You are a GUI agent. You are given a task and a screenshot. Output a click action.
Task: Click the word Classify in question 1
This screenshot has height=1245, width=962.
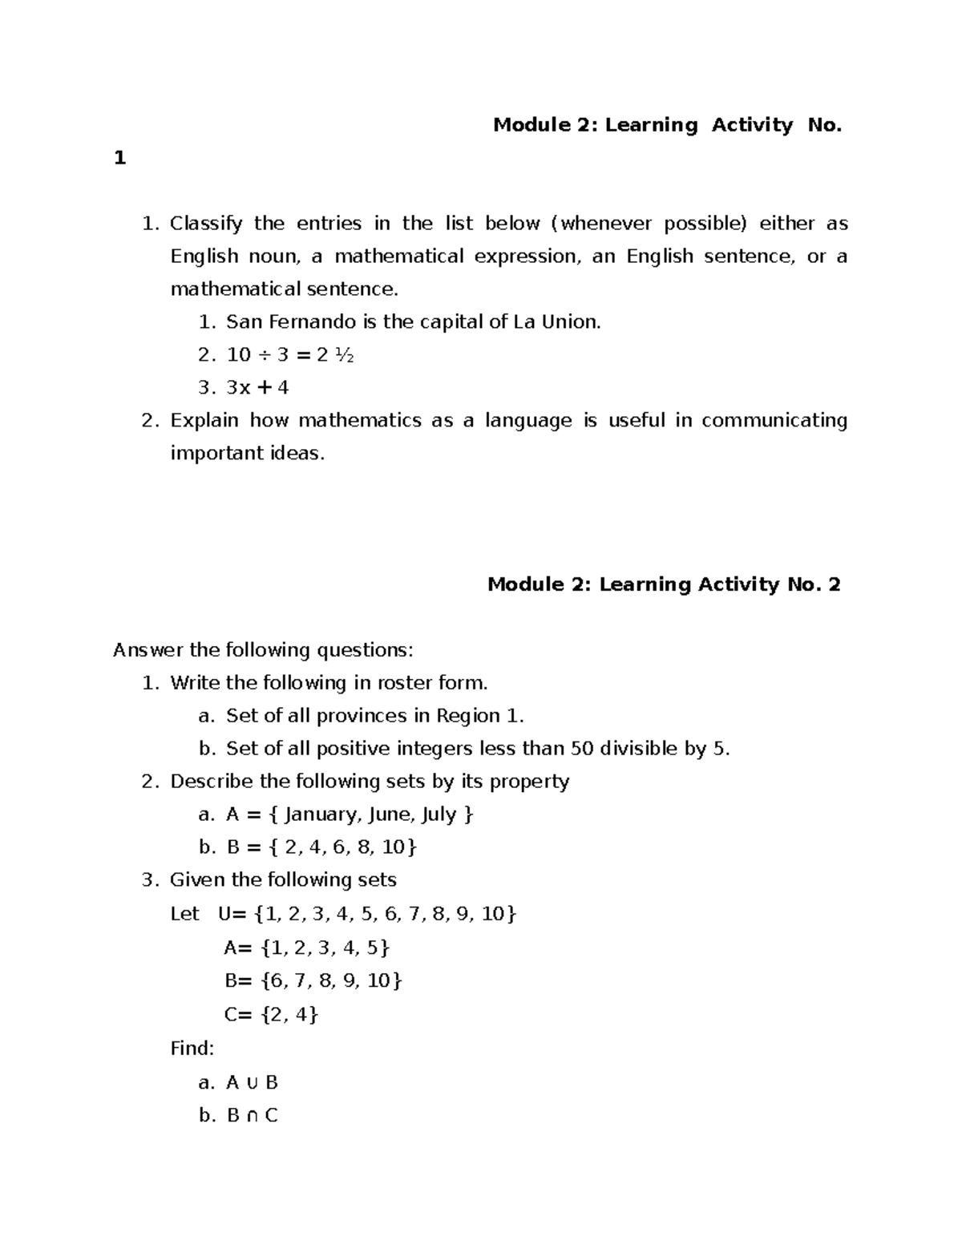click(205, 224)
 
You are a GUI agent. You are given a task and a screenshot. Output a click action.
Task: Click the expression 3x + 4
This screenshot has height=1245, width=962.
click(257, 388)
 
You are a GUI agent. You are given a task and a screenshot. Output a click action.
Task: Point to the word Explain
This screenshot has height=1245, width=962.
click(204, 421)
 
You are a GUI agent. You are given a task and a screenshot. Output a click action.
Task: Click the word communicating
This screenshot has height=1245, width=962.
click(774, 421)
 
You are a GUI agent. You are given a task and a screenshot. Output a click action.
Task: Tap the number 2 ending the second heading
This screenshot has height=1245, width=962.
click(834, 584)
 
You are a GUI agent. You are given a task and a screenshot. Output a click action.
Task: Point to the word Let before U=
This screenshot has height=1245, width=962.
click(184, 914)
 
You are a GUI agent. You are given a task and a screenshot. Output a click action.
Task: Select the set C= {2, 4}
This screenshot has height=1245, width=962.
click(271, 1015)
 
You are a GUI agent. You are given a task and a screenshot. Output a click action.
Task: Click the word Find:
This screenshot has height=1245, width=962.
click(192, 1049)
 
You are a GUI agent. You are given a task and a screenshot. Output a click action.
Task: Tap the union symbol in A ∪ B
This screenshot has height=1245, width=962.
click(252, 1083)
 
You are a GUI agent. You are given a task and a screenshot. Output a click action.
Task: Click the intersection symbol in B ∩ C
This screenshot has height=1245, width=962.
click(252, 1116)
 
